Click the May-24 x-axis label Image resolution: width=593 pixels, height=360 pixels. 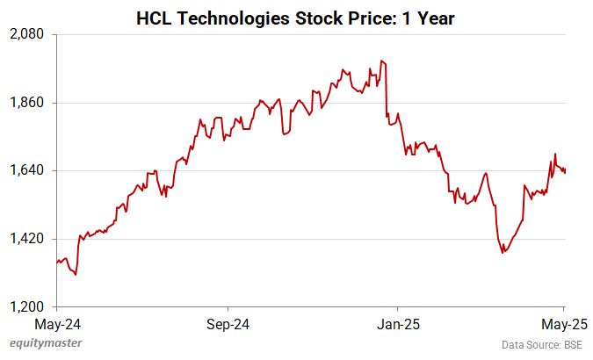57,322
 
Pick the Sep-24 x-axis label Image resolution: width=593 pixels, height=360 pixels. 228,322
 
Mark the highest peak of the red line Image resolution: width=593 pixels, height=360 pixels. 381,61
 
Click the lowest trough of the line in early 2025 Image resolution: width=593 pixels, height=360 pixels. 503,253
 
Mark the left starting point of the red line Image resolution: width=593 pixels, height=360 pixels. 57,261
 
